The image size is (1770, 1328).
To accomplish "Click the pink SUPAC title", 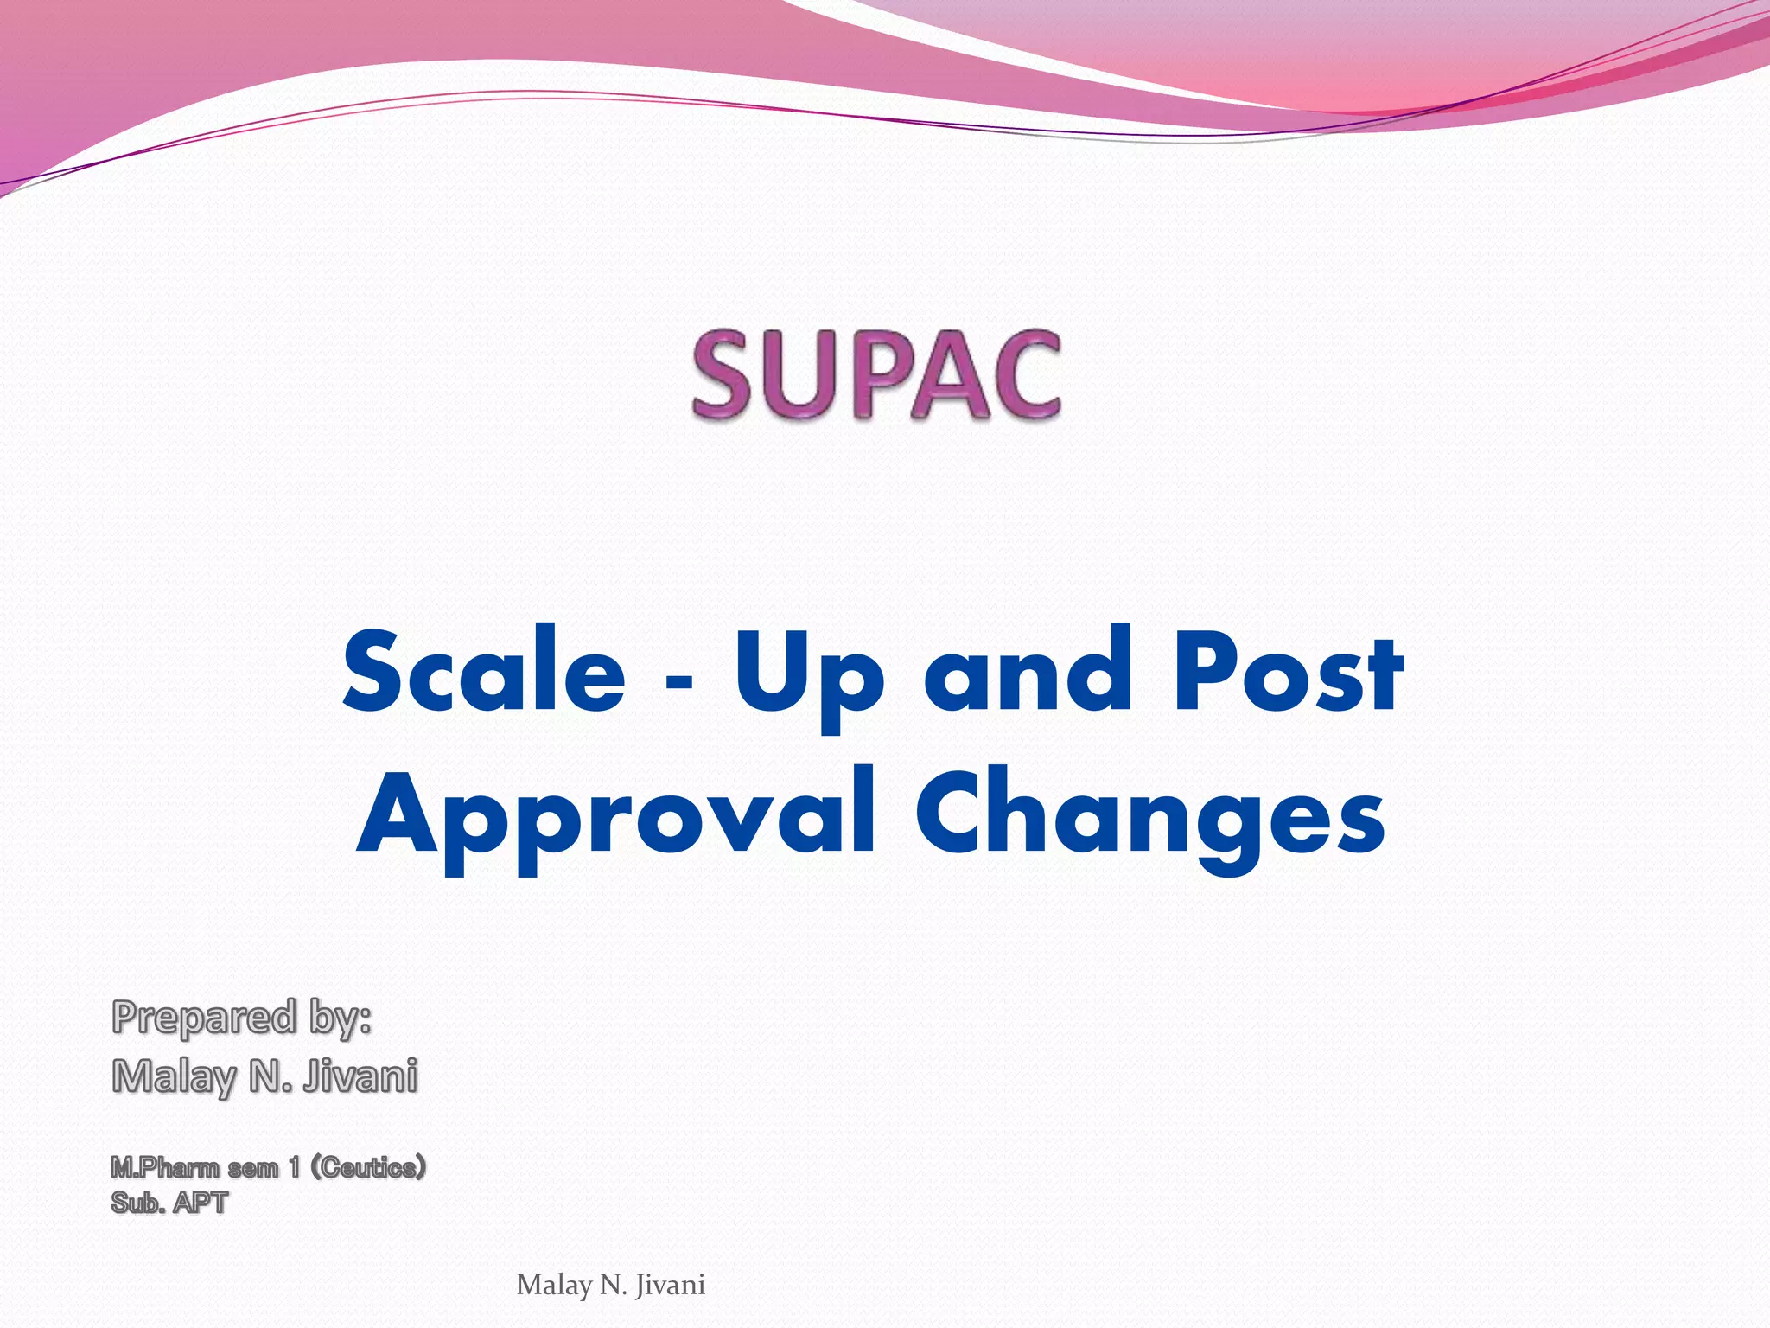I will pyautogui.click(x=875, y=376).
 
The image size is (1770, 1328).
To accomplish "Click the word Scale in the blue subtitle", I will pyautogui.click(x=484, y=672).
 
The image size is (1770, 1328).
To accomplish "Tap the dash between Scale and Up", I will pyautogui.click(x=679, y=680).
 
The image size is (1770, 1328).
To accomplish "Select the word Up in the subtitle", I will pyautogui.click(x=809, y=679).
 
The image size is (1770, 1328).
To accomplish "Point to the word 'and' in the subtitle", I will pyautogui.click(x=1028, y=672).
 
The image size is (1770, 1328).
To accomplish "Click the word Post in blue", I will pyautogui.click(x=1287, y=672).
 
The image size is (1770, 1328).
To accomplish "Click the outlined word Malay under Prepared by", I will pyautogui.click(x=173, y=1077).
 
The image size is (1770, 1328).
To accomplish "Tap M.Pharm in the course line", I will pyautogui.click(x=164, y=1168).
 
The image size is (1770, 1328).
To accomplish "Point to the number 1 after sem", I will pyautogui.click(x=295, y=1168).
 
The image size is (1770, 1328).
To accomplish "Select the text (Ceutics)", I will pyautogui.click(x=368, y=1168).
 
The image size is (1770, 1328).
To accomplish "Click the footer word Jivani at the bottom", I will pyautogui.click(x=670, y=1286).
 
